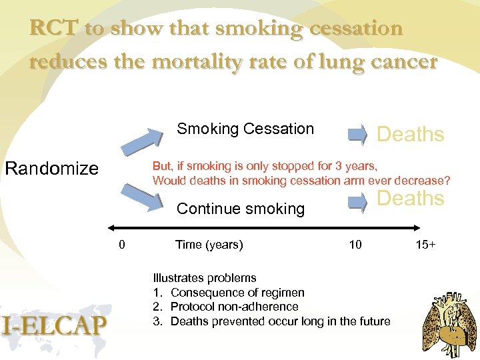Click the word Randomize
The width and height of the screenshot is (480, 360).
coord(51,168)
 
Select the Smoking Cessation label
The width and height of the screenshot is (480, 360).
coord(245,129)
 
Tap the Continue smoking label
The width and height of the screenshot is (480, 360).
coord(240,209)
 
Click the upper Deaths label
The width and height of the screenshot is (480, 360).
coord(410,135)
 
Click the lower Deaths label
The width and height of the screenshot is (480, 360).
coord(410,198)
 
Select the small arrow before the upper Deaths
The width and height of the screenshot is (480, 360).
coord(358,135)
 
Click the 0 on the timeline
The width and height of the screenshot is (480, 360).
coord(121,245)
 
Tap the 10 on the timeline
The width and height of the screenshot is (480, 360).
coord(355,245)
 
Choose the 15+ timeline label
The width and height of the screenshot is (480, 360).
coord(425,245)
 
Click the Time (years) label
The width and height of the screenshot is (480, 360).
coord(209,245)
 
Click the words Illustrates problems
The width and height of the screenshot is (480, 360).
coord(205,278)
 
